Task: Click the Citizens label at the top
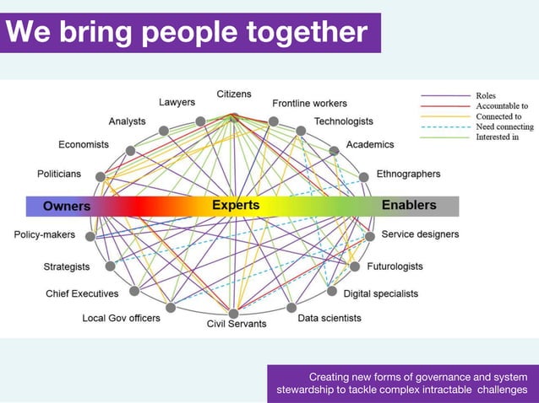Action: (233, 94)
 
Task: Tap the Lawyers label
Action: (177, 103)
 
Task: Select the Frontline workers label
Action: (309, 104)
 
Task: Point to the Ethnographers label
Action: (408, 175)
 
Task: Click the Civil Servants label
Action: (237, 324)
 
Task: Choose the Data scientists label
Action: (329, 318)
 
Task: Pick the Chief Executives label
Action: (82, 293)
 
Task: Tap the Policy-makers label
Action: (44, 234)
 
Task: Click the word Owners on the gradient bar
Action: (67, 206)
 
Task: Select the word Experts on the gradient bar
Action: (236, 206)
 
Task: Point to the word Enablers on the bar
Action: (409, 206)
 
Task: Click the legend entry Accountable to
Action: (502, 106)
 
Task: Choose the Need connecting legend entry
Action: (504, 126)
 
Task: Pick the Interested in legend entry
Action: (498, 137)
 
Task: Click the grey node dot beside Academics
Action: (335, 151)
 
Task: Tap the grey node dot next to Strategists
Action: (111, 266)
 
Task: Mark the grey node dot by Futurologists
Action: (356, 266)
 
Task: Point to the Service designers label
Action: (420, 234)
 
